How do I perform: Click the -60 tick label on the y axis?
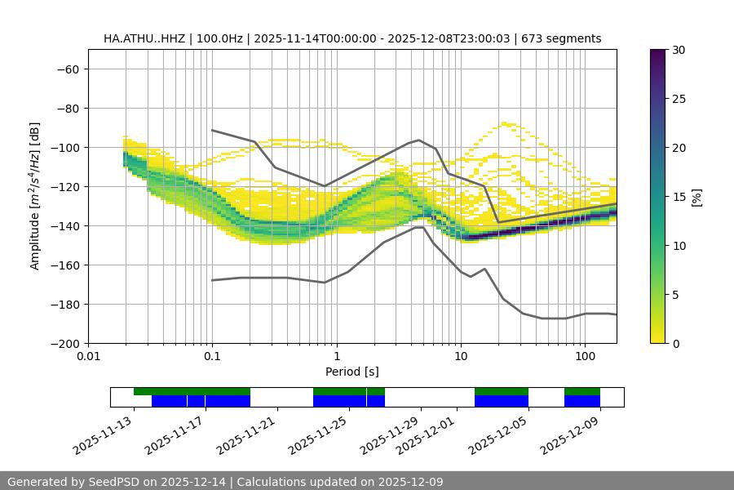coord(68,69)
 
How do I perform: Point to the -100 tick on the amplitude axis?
coord(64,147)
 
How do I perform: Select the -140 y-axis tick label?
coord(64,225)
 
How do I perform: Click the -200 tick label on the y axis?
coord(64,343)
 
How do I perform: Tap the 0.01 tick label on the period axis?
coord(88,357)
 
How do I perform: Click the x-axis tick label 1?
coord(336,357)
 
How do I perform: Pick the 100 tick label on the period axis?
coord(585,357)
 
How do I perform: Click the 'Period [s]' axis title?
coord(352,372)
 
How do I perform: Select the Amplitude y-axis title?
coord(35,196)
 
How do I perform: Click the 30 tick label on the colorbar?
coord(679,50)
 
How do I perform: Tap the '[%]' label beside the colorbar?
coord(698,197)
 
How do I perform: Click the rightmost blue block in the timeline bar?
coord(582,401)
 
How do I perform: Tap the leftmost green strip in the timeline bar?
coord(192,391)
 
